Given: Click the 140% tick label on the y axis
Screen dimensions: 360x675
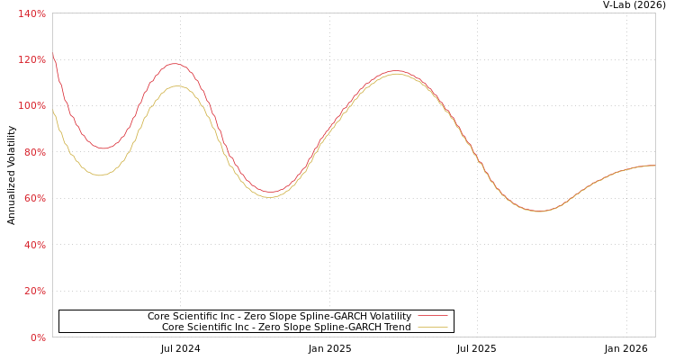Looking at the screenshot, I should tap(31, 13).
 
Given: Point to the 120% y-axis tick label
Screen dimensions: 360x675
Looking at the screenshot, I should tap(31, 59).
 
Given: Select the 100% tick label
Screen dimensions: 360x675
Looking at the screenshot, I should tap(31, 106).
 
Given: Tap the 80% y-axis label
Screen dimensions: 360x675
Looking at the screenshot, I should tap(33, 152).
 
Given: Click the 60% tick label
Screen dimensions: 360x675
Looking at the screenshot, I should tap(33, 198).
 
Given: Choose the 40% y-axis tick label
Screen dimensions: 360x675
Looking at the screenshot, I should tap(33, 245).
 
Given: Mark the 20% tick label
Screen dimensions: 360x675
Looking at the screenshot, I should tap(33, 291).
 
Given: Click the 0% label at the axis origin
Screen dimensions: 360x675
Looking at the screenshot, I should tap(37, 337).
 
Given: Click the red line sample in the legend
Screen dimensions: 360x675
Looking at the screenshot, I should tap(432, 316).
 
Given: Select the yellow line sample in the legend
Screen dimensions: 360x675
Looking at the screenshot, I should tap(432, 327).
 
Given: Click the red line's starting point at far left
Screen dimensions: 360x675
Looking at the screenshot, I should tap(53, 54).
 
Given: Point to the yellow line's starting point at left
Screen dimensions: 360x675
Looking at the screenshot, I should tap(53, 110).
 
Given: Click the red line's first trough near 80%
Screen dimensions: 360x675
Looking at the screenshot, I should tap(103, 148).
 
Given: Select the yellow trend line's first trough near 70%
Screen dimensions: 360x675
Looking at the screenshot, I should tap(99, 175).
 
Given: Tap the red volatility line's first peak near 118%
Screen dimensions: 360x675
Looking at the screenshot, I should tap(175, 64).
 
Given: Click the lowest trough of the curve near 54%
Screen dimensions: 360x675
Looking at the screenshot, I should tap(539, 211).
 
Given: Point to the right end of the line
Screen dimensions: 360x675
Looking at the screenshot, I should tap(654, 166).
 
